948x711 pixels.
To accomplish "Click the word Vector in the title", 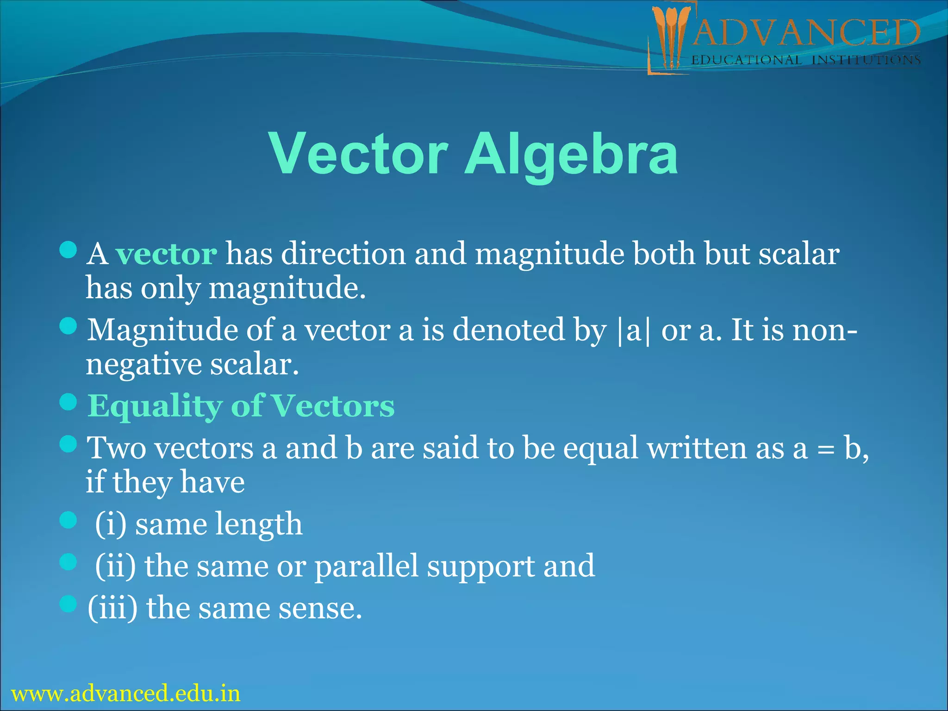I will point(358,154).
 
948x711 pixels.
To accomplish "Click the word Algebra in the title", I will point(571,154).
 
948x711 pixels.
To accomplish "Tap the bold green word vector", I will point(166,254).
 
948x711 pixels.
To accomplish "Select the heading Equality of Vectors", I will point(241,406).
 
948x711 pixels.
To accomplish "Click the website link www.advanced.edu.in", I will point(125,693).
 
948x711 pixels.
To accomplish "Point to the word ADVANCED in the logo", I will point(805,32).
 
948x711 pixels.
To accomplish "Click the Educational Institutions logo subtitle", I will point(805,60).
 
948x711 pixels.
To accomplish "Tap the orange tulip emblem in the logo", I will point(670,35).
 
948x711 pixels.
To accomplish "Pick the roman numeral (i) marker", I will point(110,524).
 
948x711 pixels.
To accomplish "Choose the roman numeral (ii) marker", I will point(115,566).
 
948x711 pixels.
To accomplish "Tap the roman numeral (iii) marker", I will point(112,608).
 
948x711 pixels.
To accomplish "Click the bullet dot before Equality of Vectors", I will point(68,402).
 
